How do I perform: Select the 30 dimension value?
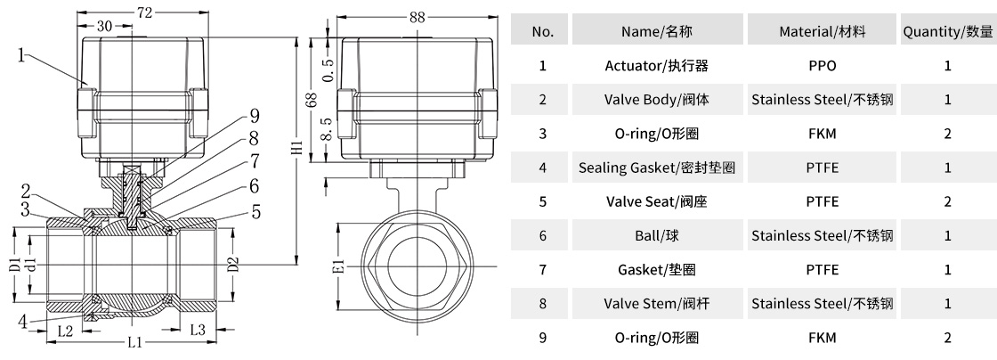click(104, 27)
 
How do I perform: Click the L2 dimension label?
click(65, 331)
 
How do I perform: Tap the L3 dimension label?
click(199, 330)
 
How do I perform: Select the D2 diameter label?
click(233, 263)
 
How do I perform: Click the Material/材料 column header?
click(822, 31)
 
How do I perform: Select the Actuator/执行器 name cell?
click(657, 65)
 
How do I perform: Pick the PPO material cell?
click(822, 65)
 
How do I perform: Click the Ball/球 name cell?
click(657, 235)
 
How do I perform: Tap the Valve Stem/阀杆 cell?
click(657, 304)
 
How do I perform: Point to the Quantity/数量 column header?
click(947, 31)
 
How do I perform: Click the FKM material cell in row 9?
click(822, 338)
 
